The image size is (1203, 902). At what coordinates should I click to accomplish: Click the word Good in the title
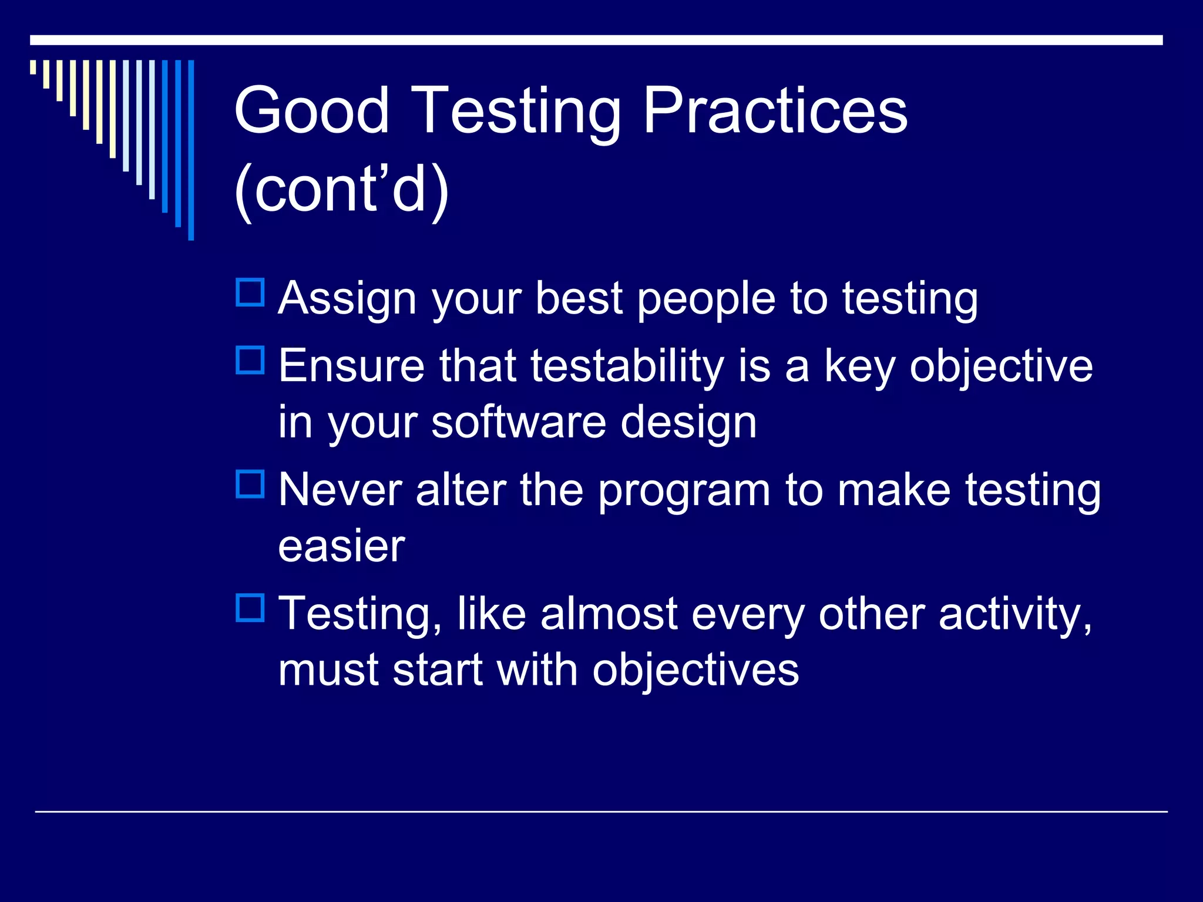[x=311, y=110]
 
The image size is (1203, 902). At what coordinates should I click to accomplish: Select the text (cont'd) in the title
[x=341, y=189]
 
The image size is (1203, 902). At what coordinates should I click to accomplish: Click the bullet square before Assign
[x=250, y=292]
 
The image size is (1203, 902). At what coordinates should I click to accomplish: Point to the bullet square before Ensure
[x=250, y=360]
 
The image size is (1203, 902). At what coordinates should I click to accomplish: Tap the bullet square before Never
[x=250, y=484]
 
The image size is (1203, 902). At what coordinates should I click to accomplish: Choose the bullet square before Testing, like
[x=250, y=608]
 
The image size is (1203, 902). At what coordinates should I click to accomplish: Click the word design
[x=688, y=423]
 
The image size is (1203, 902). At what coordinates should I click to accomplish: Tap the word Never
[x=340, y=490]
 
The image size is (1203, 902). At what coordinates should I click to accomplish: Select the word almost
[x=609, y=614]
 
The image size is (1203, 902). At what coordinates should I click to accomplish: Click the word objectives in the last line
[x=695, y=670]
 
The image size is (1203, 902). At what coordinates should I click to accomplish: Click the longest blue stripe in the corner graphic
[x=191, y=150]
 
